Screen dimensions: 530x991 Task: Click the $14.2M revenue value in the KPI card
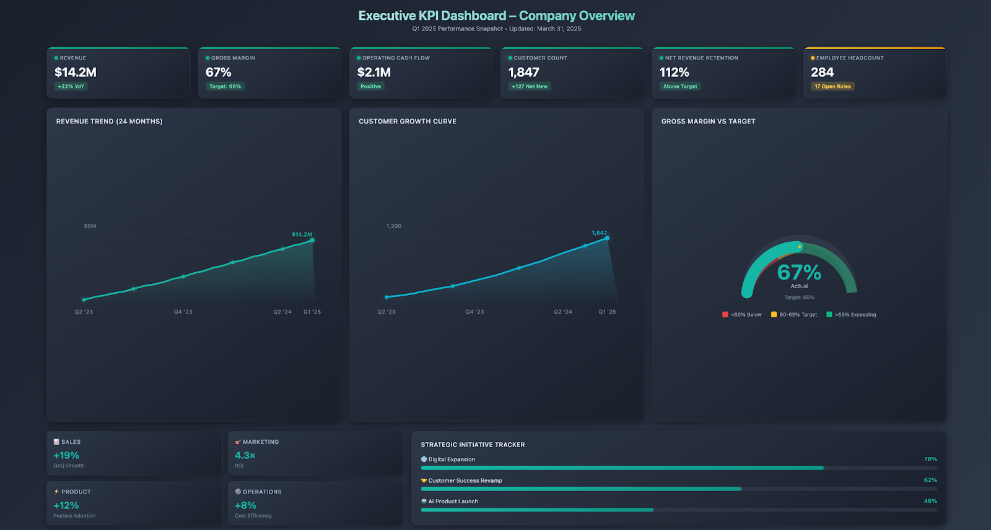coord(76,73)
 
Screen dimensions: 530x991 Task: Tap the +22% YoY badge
coord(71,87)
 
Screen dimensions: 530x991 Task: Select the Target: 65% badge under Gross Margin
coord(225,87)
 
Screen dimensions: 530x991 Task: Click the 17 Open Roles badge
coord(832,87)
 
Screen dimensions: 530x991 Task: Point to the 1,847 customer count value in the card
coord(523,73)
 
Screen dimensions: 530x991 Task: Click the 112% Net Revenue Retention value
coord(674,73)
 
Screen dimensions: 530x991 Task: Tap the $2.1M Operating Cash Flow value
coord(373,73)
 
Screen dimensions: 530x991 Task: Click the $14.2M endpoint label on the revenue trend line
coord(302,234)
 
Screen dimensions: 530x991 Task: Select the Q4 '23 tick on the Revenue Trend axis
coord(183,312)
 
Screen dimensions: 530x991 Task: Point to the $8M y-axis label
coord(90,226)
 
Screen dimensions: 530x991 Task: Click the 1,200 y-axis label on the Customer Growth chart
coord(394,226)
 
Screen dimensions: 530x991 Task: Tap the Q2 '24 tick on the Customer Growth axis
coord(562,312)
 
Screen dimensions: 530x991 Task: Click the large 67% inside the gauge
coord(799,272)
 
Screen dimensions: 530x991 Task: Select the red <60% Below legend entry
coord(742,315)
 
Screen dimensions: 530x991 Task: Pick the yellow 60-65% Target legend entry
coord(794,315)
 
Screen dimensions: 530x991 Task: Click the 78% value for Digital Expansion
coord(930,459)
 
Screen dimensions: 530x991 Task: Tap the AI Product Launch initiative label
coord(453,501)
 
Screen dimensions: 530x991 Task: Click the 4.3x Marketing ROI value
coord(245,456)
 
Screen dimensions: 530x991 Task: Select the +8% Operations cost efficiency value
coord(245,506)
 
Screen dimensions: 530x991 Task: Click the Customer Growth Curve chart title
coord(407,121)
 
